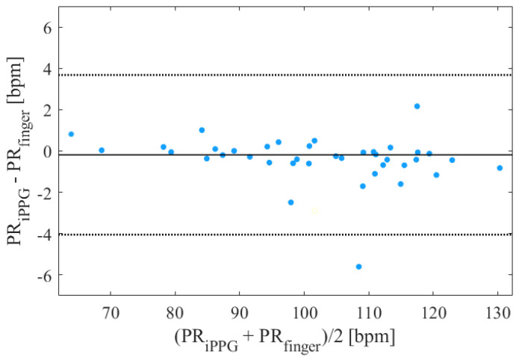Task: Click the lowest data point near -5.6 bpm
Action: (x=358, y=267)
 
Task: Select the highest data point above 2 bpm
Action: (x=417, y=106)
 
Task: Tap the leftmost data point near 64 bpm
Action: (x=71, y=134)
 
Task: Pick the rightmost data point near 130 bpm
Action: (x=500, y=168)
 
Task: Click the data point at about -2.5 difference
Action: (x=290, y=202)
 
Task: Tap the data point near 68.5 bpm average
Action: (x=102, y=150)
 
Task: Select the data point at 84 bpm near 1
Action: (x=202, y=130)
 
